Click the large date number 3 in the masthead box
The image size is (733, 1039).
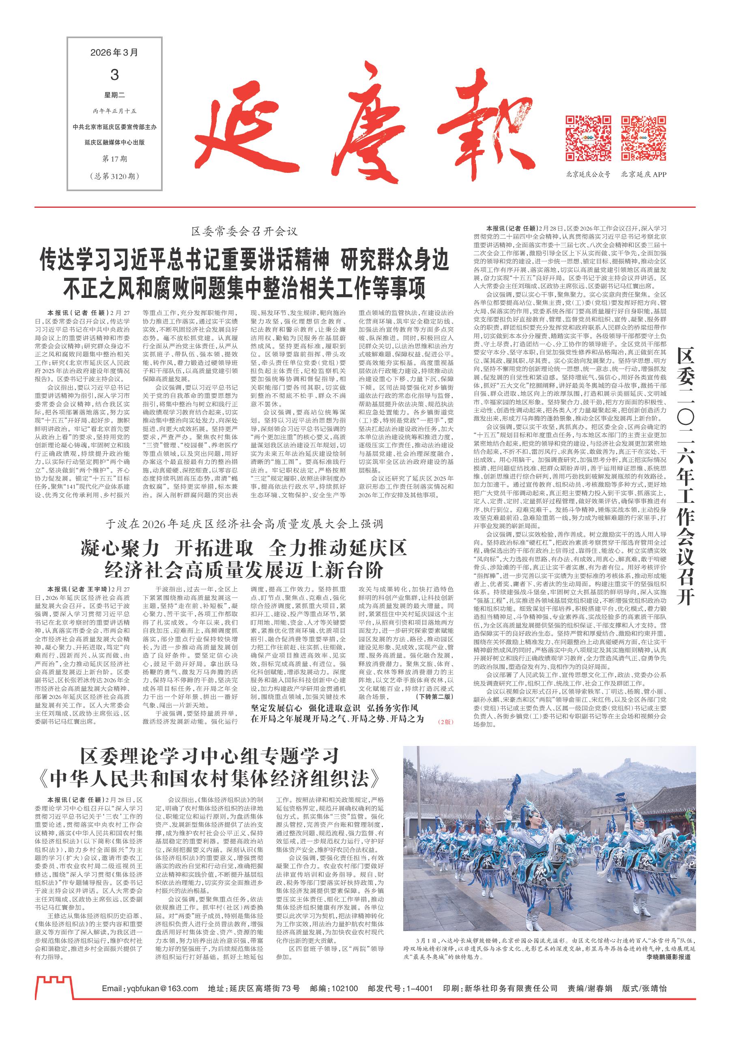[114, 75]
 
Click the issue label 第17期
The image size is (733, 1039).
[114, 158]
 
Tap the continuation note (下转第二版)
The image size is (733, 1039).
[435, 709]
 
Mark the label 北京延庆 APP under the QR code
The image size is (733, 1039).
[643, 175]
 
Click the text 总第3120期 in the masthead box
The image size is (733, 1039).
[114, 176]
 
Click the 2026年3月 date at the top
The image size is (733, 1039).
[114, 53]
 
